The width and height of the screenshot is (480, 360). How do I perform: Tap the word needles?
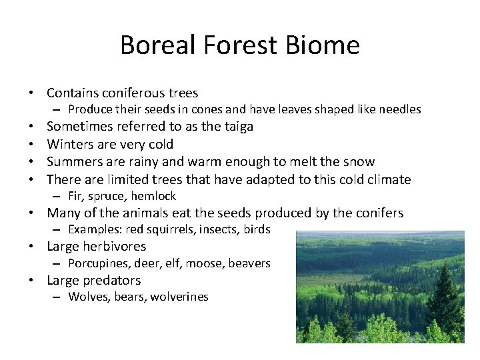(398, 109)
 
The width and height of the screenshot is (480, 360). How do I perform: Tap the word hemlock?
(153, 196)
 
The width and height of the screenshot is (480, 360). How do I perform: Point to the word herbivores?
(115, 247)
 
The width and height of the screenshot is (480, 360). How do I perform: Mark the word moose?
(204, 263)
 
